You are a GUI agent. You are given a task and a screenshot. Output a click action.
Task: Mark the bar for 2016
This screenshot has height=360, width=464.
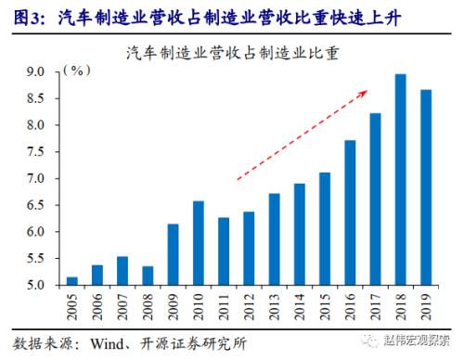(x=350, y=212)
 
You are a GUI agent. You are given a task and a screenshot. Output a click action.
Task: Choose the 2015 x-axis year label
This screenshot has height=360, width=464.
(x=325, y=306)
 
